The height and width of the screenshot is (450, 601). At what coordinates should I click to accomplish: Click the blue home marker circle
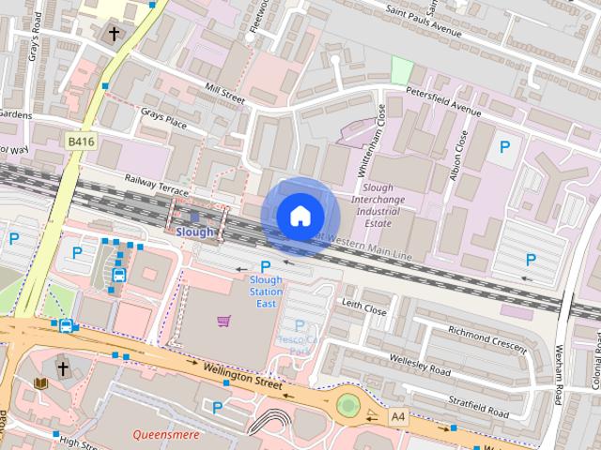click(300, 216)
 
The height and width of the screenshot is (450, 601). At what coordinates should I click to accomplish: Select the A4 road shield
click(399, 414)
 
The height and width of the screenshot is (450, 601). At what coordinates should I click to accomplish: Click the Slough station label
click(195, 232)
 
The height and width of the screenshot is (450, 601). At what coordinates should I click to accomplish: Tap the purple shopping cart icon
click(223, 322)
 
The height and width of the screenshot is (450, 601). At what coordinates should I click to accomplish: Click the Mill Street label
click(223, 94)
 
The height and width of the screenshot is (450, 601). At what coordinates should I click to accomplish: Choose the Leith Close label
click(364, 307)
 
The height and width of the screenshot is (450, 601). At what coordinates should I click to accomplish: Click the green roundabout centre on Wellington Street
click(348, 405)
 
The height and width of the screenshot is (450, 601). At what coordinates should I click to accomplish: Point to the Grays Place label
click(163, 121)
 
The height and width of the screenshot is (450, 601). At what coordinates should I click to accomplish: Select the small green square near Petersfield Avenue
click(402, 70)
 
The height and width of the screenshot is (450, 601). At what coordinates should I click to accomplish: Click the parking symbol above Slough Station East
click(265, 266)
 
